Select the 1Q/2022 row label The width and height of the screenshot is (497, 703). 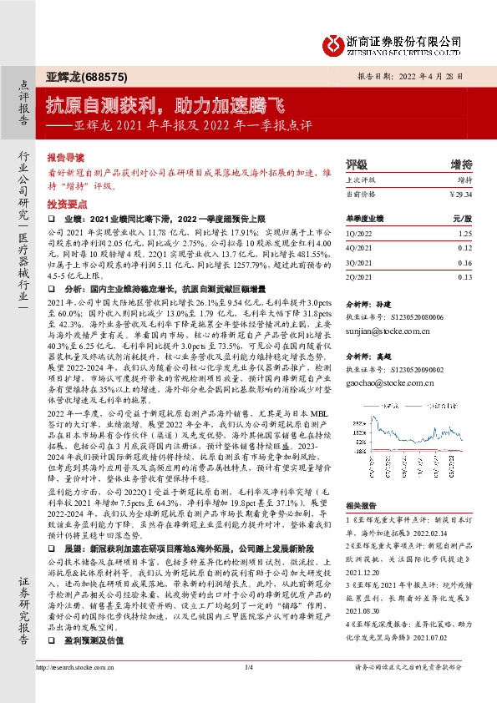[359, 235]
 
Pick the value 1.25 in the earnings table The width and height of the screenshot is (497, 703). [465, 235]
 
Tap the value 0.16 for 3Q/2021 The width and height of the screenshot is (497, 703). [465, 263]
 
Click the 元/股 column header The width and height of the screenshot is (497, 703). [464, 219]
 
